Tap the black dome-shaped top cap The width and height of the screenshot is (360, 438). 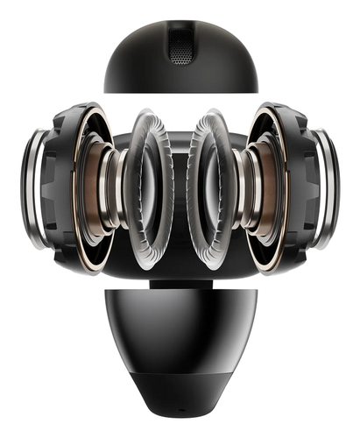pyautogui.click(x=140, y=61)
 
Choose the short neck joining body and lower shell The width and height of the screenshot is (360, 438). pyautogui.click(x=180, y=283)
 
